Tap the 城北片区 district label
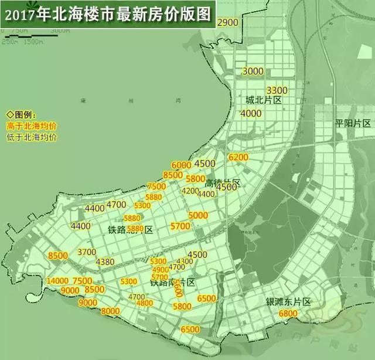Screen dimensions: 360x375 click(x=264, y=101)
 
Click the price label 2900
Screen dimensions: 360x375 click(x=227, y=22)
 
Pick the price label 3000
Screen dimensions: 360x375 click(x=253, y=71)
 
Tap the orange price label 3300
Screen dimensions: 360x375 click(x=277, y=90)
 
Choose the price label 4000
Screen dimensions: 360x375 click(x=251, y=113)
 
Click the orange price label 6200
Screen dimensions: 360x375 click(x=239, y=158)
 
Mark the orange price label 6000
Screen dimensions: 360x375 click(x=182, y=165)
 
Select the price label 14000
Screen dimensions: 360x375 click(x=59, y=281)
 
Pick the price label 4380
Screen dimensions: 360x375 click(x=105, y=261)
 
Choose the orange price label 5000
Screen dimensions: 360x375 click(x=199, y=215)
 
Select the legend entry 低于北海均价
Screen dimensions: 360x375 click(x=32, y=137)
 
